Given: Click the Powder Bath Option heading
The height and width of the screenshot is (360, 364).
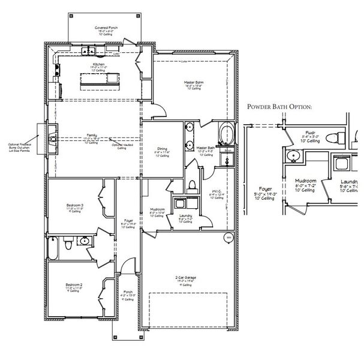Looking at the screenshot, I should point(280,107).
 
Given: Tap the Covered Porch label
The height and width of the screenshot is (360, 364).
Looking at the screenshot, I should point(105,28).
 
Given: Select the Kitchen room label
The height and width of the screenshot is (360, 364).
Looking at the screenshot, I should point(98,64).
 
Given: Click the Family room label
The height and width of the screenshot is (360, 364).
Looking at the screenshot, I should point(92,136).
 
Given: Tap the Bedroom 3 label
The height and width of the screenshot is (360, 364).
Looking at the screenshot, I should point(75,206).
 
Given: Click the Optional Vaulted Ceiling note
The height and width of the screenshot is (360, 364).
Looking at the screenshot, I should point(122,146).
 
